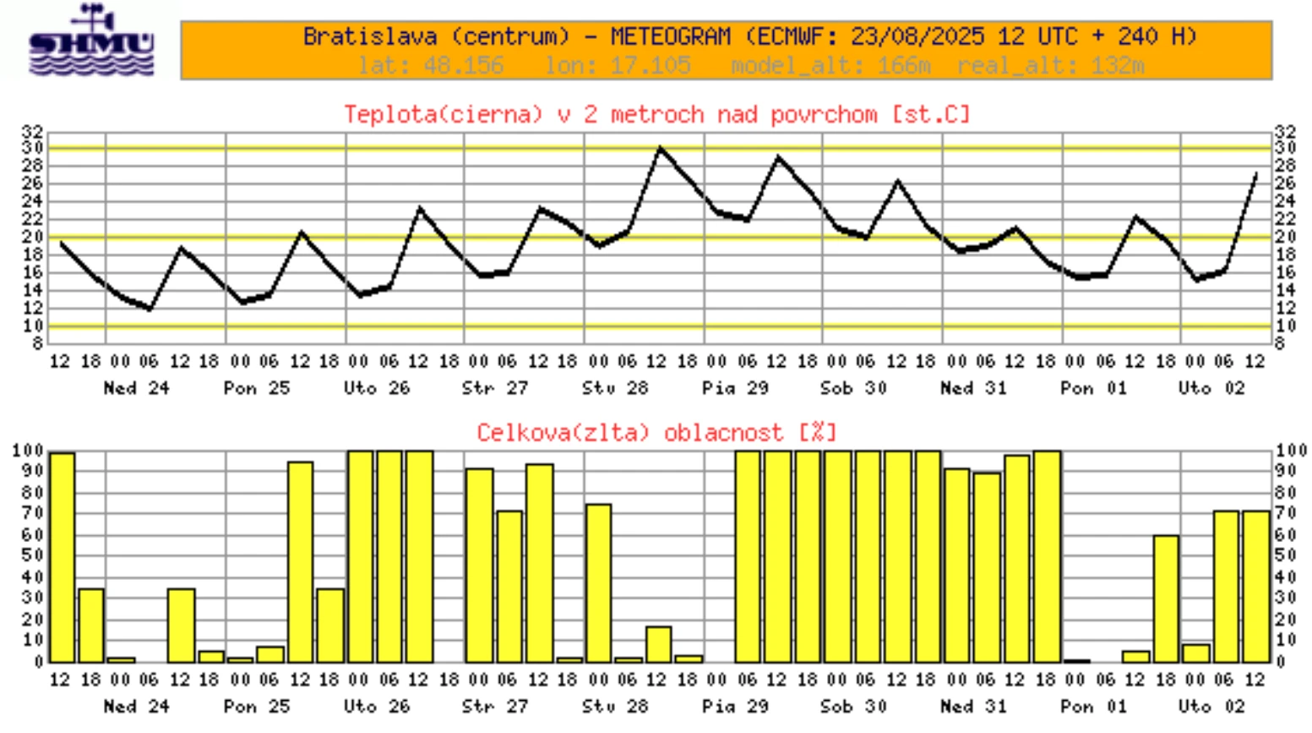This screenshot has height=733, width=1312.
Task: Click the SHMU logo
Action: [91, 42]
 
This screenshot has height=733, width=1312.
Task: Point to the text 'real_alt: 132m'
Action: [1050, 65]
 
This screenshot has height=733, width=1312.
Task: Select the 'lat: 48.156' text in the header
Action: [431, 65]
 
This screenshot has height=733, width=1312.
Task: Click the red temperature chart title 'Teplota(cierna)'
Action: [443, 114]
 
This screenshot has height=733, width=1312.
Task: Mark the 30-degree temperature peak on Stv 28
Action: [660, 149]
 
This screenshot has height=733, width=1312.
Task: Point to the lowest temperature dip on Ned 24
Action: [150, 309]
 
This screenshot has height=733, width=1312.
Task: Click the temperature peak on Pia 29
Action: [779, 157]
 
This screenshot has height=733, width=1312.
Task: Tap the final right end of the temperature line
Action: [1256, 174]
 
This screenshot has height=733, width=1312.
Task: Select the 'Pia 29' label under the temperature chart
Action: [735, 388]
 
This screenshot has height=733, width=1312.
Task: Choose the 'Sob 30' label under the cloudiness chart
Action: [853, 706]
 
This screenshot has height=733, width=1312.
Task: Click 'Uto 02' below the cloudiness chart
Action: [1211, 706]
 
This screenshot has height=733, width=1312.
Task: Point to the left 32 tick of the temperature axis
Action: [32, 131]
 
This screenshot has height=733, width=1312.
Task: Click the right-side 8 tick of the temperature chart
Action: [1281, 344]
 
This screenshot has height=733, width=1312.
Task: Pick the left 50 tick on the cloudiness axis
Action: [32, 555]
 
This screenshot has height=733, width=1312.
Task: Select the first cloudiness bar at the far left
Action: [62, 557]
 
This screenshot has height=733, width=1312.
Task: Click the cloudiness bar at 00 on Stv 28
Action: [598, 583]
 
